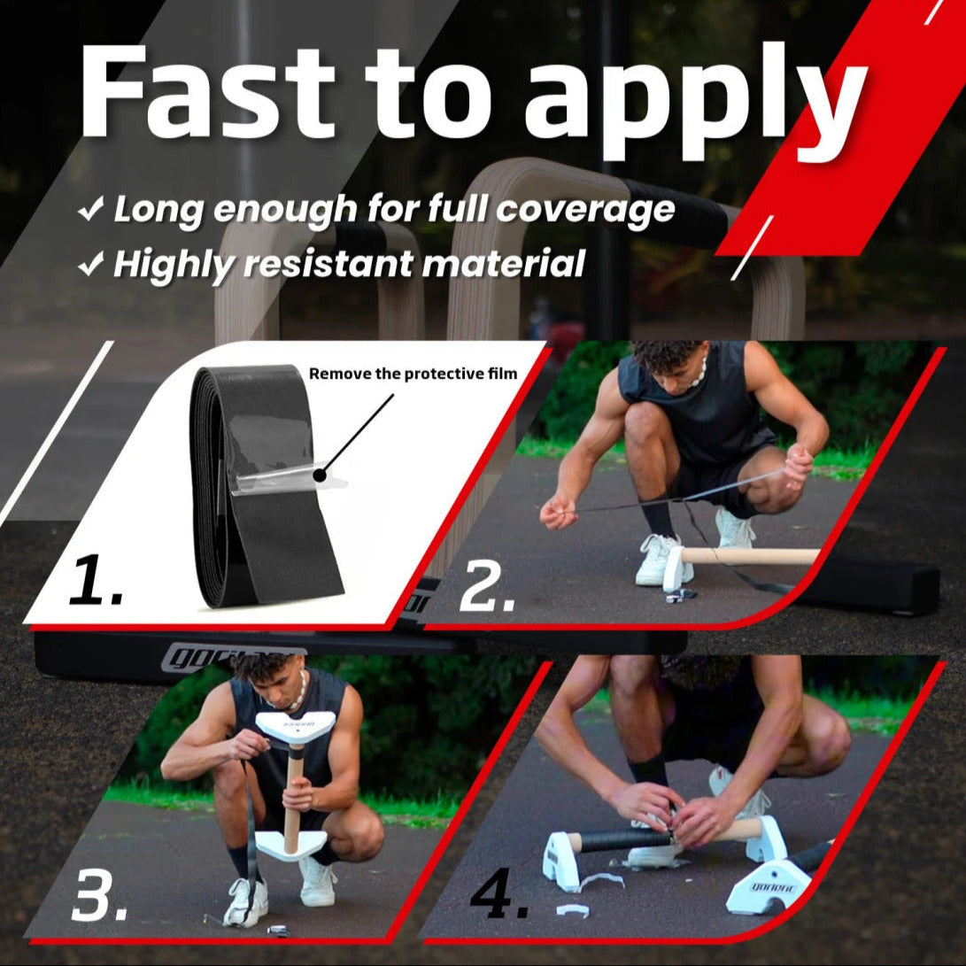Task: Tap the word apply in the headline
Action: (696, 102)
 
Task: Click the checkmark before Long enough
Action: (90, 210)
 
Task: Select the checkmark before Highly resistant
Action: (90, 265)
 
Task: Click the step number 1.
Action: (94, 579)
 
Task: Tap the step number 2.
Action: (487, 585)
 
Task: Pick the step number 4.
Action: (499, 893)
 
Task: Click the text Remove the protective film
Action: (413, 374)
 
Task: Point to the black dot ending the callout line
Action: (319, 475)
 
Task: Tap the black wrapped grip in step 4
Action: (623, 839)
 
